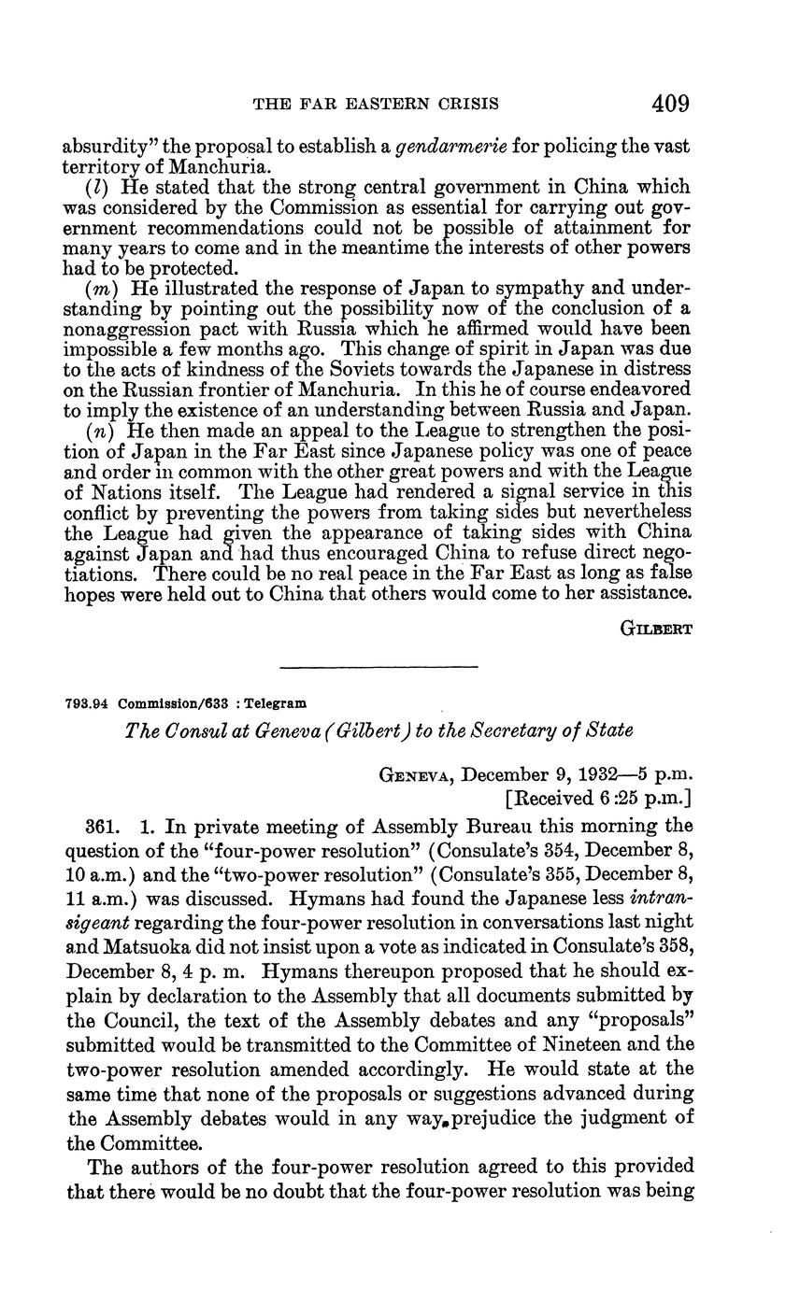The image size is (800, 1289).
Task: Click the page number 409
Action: (x=671, y=103)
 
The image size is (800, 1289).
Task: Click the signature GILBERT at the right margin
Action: (x=656, y=629)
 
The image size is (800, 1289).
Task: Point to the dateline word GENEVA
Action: (x=418, y=775)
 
